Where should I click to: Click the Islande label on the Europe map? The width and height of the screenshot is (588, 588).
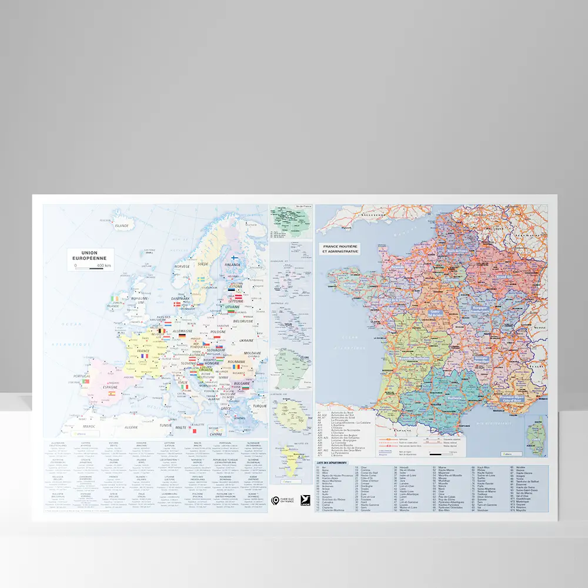coord(122,225)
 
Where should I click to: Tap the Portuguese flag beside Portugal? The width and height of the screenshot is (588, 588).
coord(85,382)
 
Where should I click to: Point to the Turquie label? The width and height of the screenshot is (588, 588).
coord(259,406)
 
